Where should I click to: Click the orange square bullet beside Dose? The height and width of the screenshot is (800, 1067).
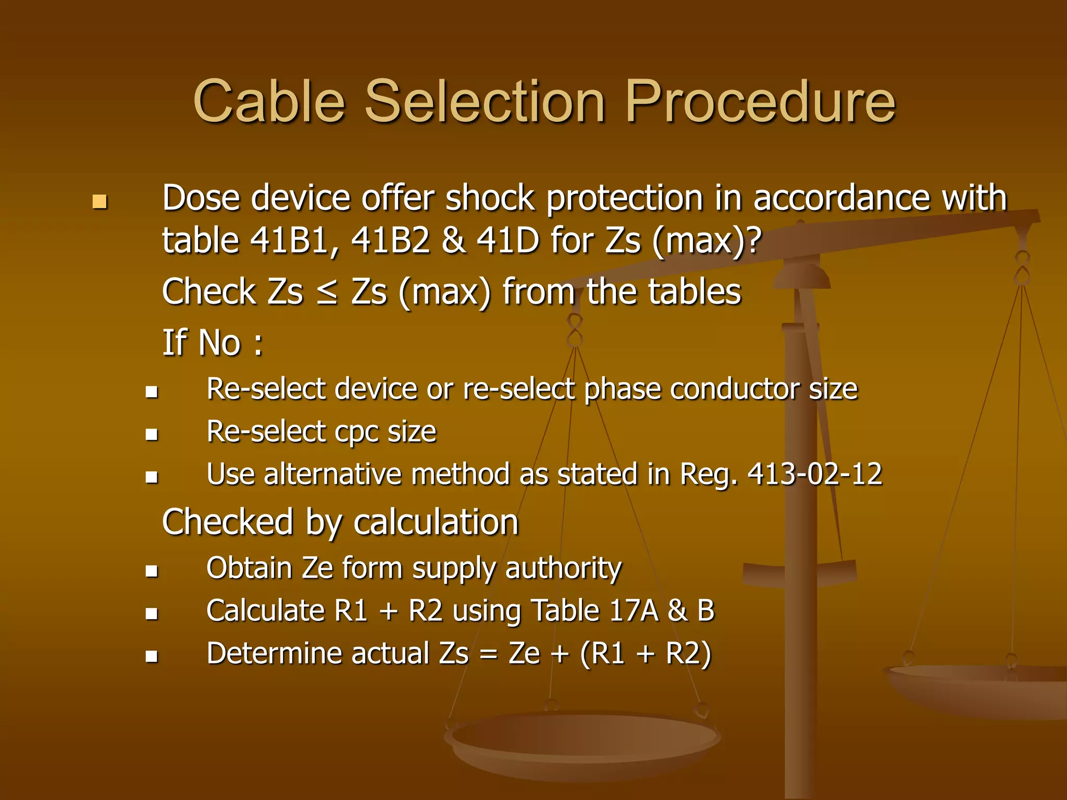pos(100,202)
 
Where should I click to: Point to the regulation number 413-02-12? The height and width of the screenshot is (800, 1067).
pos(815,474)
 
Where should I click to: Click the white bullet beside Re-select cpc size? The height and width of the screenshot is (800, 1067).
pos(152,434)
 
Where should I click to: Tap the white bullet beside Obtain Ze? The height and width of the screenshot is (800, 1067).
pos(152,571)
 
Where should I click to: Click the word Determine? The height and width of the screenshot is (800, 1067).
pos(274,654)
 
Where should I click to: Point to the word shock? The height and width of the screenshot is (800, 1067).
pos(490,198)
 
